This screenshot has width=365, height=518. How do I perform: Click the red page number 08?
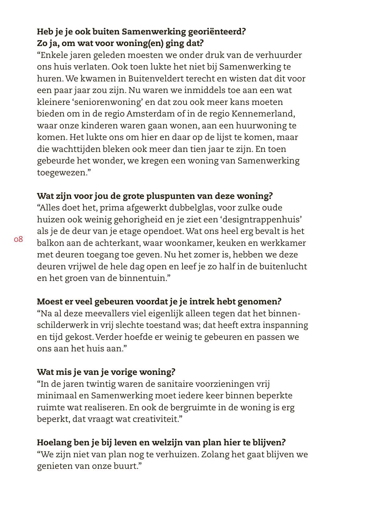(18, 240)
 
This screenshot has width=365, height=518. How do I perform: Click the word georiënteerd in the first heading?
(218, 32)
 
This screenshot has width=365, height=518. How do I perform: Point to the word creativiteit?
(155, 419)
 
